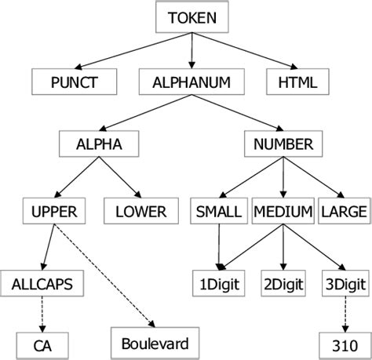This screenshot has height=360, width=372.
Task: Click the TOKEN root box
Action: [192, 16]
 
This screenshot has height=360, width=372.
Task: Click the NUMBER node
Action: [283, 144]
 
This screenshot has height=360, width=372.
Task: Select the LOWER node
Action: [140, 211]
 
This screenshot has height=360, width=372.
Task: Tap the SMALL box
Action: [218, 211]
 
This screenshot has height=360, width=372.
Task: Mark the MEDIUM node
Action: [283, 211]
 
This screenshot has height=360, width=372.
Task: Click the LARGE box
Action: [342, 211]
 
